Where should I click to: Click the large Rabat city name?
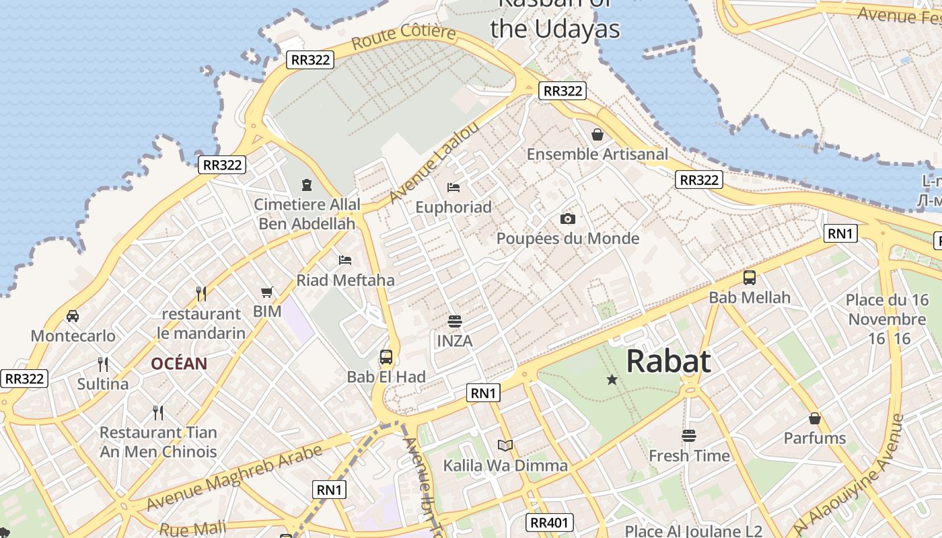[668, 362]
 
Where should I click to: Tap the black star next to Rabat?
[612, 380]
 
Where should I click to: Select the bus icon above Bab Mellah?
[749, 277]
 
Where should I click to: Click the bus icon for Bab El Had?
[386, 357]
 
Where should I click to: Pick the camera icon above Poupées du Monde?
[567, 219]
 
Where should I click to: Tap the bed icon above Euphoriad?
[454, 187]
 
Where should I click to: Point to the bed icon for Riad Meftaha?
[345, 260]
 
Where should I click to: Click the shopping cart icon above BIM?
[267, 292]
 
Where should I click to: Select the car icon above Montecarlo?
[73, 315]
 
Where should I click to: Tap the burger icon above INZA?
[455, 321]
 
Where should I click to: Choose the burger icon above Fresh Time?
[688, 436]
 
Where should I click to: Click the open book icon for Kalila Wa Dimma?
[505, 445]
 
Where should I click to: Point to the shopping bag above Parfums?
[814, 418]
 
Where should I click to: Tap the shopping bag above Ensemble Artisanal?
[597, 134]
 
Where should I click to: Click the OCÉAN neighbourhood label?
[179, 364]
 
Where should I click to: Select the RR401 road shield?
[550, 523]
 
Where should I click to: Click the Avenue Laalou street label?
[435, 161]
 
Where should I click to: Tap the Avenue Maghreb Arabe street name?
[234, 478]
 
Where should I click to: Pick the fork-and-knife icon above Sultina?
[103, 364]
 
